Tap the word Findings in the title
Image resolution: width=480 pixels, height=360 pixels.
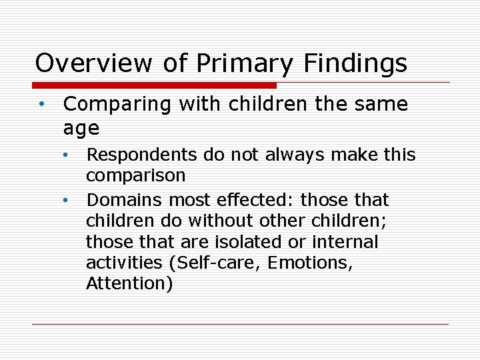tap(355, 64)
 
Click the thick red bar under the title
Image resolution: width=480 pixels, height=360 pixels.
tap(155, 85)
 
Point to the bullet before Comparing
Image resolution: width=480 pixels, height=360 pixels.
tap(41, 105)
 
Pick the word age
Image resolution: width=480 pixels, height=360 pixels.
tap(81, 127)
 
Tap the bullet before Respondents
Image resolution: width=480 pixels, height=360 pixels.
tap(67, 155)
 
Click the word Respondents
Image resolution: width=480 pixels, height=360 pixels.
tap(142, 156)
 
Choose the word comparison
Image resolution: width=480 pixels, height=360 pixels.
tap(136, 175)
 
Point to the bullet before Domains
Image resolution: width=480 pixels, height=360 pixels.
tap(67, 200)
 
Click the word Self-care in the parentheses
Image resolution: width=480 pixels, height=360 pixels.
tap(215, 263)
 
